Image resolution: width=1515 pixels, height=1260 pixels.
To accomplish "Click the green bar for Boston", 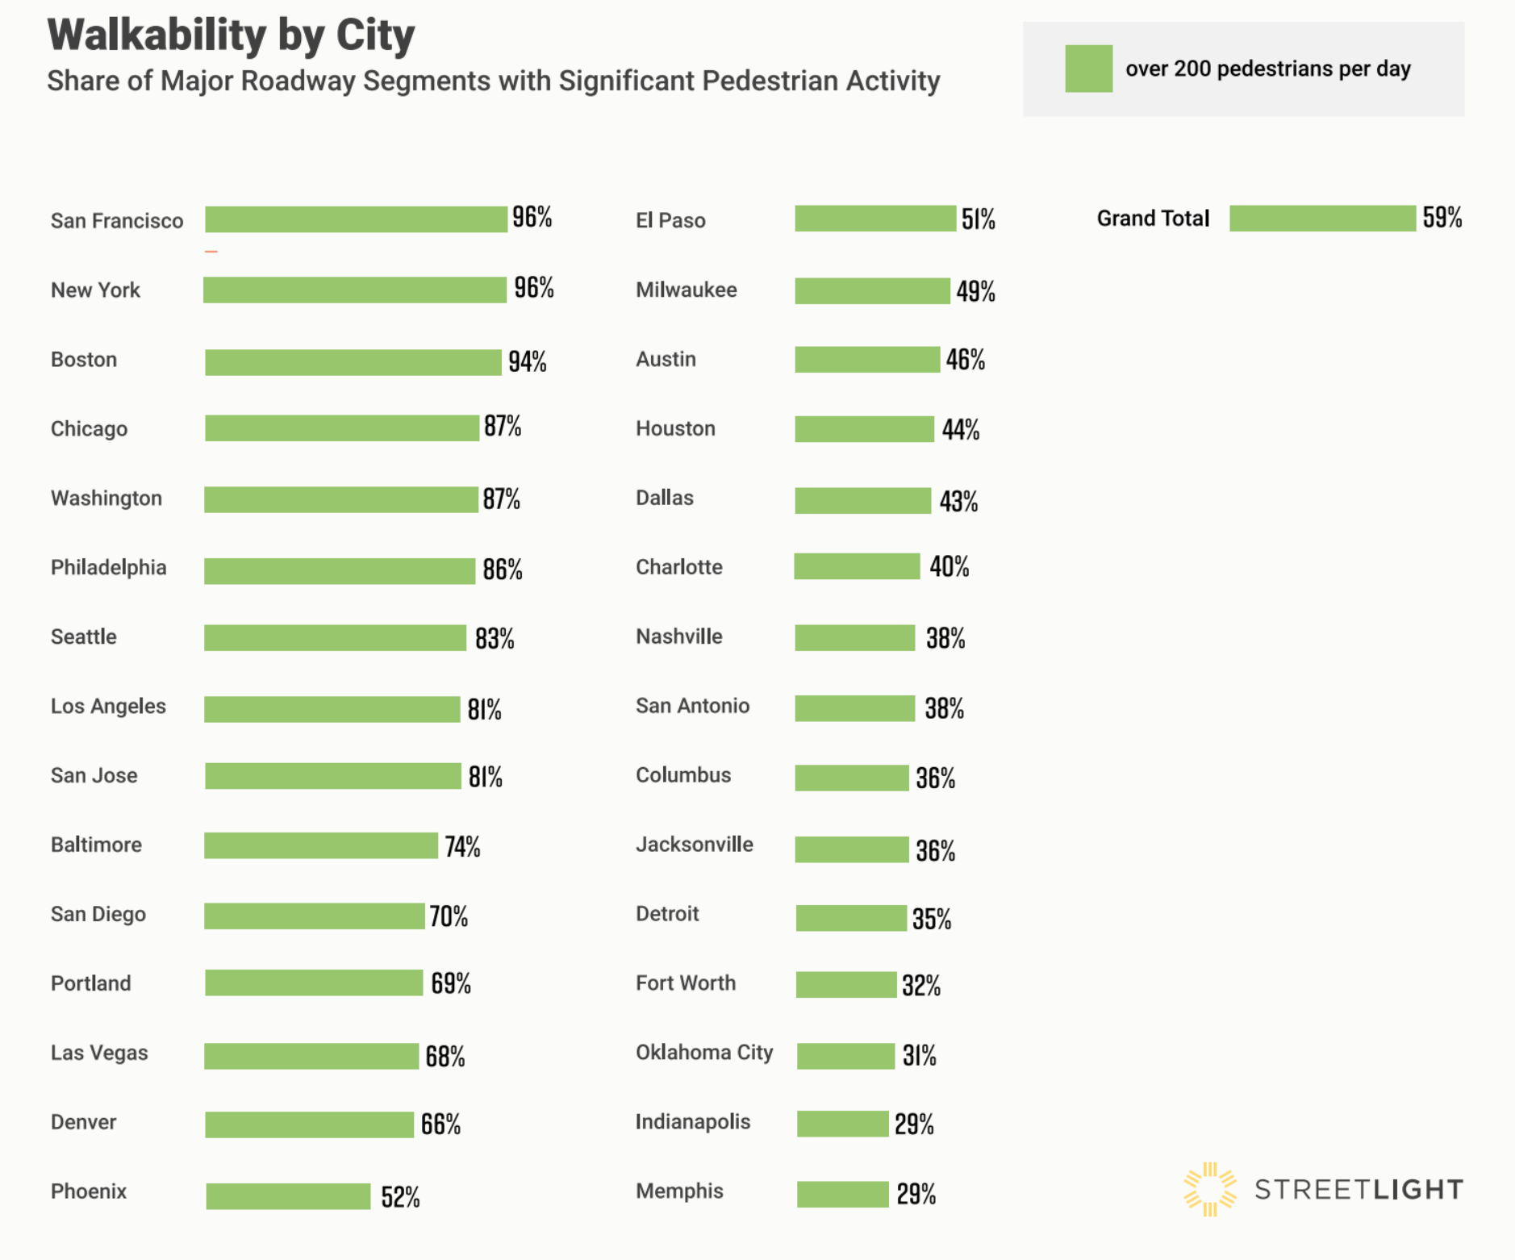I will tap(353, 362).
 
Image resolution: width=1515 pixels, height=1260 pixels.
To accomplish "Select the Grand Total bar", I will tap(1322, 219).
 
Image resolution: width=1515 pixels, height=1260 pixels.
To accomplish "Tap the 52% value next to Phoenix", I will tap(400, 1197).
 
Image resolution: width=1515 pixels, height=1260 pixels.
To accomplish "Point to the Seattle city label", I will tap(83, 637).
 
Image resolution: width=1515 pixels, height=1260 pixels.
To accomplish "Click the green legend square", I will tap(1088, 69).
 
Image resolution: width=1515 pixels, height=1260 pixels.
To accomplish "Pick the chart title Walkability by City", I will tap(231, 35).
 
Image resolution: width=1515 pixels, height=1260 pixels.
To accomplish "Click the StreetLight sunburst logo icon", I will tap(1209, 1189).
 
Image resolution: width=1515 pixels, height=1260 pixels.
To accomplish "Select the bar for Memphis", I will tap(842, 1194).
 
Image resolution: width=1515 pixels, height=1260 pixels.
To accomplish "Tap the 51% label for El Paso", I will tap(978, 219).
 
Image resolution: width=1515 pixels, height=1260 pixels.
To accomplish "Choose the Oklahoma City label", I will tap(704, 1053).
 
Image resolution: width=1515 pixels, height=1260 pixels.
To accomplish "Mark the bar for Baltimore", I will tap(320, 845).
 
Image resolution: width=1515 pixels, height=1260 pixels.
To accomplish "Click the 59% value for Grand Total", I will tap(1442, 218).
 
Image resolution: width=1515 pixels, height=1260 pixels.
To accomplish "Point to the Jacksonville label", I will tap(694, 845).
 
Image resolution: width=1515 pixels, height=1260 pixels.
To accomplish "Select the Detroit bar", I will tap(851, 918).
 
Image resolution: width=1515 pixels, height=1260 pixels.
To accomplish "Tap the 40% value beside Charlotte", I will tap(949, 567).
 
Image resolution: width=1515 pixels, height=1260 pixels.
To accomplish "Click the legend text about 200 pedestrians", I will tap(1267, 69).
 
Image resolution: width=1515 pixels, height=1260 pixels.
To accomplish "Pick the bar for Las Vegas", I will tap(311, 1056).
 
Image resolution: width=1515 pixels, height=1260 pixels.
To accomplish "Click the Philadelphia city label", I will tap(108, 568).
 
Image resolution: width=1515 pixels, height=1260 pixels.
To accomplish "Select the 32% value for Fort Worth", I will tap(920, 985).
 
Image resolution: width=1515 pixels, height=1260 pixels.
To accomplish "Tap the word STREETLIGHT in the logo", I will tap(1358, 1190).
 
